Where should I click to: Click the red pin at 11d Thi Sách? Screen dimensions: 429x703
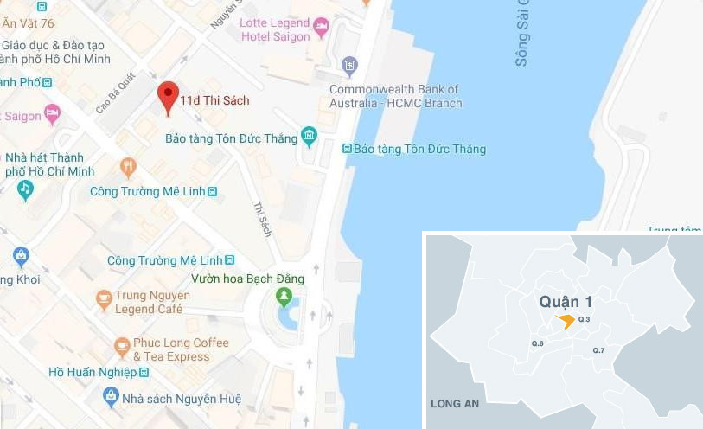(x=168, y=97)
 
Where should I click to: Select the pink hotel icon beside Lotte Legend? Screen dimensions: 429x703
(x=322, y=26)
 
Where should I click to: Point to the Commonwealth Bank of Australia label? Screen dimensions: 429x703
(x=395, y=96)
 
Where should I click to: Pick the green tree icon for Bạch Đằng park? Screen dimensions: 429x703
(x=284, y=297)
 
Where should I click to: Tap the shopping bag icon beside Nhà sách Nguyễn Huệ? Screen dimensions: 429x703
(x=111, y=397)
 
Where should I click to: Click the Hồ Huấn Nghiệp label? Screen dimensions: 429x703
(x=93, y=373)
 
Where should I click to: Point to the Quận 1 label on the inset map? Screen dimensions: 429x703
(x=566, y=301)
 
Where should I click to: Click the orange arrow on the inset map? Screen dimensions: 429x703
(x=565, y=321)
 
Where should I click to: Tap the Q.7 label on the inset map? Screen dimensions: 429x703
(x=598, y=349)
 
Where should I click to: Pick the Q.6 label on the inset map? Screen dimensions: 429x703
(x=537, y=344)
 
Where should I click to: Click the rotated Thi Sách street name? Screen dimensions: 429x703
(x=263, y=219)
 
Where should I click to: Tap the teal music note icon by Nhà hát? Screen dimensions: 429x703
(x=25, y=188)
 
